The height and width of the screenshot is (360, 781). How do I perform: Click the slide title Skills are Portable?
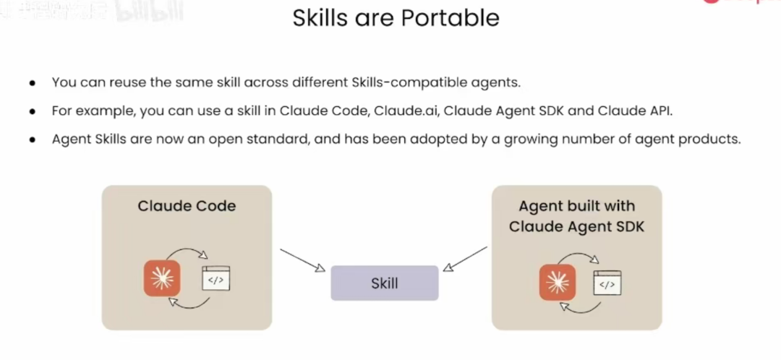pyautogui.click(x=396, y=17)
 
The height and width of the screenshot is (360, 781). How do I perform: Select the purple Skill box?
pyautogui.click(x=384, y=283)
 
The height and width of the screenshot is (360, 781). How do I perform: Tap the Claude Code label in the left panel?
pyautogui.click(x=187, y=206)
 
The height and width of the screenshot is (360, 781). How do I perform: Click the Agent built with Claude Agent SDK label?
pyautogui.click(x=576, y=216)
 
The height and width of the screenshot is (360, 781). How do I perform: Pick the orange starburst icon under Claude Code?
pyautogui.click(x=162, y=277)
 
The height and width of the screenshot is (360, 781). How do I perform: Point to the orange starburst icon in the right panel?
pyautogui.click(x=557, y=283)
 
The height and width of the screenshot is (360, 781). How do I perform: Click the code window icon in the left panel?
pyautogui.click(x=215, y=278)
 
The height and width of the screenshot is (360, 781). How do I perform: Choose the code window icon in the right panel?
pyautogui.click(x=607, y=284)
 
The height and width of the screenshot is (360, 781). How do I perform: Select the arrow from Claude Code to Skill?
pyautogui.click(x=302, y=260)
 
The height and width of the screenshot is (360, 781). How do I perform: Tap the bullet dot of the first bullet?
pyautogui.click(x=33, y=82)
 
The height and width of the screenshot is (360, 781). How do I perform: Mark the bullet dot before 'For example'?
pyautogui.click(x=33, y=111)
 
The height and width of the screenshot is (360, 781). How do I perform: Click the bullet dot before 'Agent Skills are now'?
pyautogui.click(x=33, y=140)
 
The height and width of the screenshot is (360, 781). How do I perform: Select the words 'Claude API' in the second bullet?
pyautogui.click(x=643, y=111)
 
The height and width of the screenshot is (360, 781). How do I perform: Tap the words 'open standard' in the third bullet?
pyautogui.click(x=264, y=140)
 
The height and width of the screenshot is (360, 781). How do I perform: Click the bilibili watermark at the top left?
pyautogui.click(x=148, y=13)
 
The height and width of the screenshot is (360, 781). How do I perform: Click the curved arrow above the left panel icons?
pyautogui.click(x=187, y=253)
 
